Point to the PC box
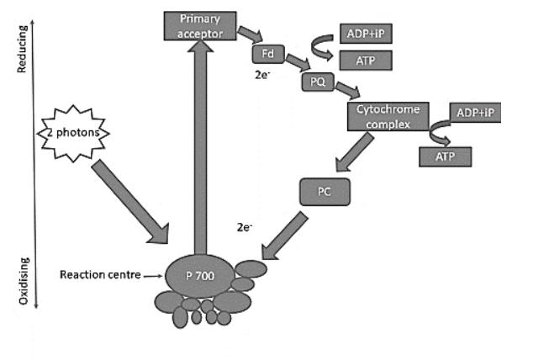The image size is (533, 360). point(323,191)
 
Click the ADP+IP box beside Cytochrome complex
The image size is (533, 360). point(476,112)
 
